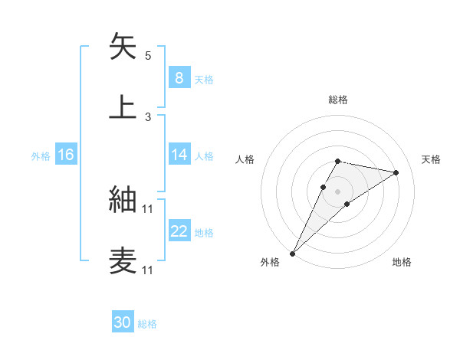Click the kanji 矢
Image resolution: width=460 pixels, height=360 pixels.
(123, 47)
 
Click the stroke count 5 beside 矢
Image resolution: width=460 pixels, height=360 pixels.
(148, 56)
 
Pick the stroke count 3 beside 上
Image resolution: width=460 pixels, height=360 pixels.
(148, 116)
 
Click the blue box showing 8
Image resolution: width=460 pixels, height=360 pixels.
(179, 77)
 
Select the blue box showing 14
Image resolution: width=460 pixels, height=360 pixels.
(179, 155)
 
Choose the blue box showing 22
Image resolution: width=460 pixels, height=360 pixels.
(179, 231)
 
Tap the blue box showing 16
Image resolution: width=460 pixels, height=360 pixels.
(65, 155)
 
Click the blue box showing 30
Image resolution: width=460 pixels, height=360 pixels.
(122, 322)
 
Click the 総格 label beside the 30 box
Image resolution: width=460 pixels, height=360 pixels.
(147, 324)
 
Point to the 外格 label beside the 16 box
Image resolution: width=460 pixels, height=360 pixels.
(41, 156)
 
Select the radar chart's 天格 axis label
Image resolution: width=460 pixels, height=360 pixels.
(431, 159)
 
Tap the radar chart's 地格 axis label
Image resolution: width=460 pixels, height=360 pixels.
(402, 263)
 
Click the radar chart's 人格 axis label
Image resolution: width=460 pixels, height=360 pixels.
(245, 159)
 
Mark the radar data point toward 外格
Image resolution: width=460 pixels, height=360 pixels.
(292, 253)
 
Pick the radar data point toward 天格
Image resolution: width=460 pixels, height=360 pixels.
(396, 172)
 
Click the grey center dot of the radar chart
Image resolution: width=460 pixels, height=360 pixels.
(337, 191)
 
